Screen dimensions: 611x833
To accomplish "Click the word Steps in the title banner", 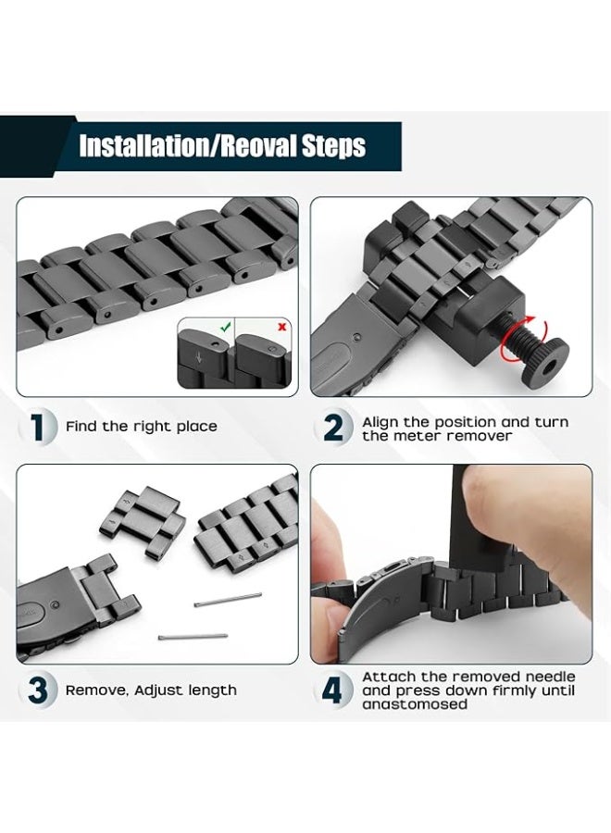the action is coord(333,145).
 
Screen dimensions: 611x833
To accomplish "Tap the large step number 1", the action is coord(36,427).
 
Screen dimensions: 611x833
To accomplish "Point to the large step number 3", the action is coord(38,690).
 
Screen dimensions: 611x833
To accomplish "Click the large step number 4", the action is coord(333,690).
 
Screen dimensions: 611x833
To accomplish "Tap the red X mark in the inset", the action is coord(281,327).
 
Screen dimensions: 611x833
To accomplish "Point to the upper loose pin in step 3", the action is coord(228,600).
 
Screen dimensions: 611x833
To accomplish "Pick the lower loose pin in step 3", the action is coord(193,636).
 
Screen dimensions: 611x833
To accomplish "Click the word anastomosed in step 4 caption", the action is coord(415,704).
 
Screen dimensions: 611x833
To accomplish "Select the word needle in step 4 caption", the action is coord(550,677).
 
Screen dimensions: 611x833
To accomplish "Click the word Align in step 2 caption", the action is coord(380,423).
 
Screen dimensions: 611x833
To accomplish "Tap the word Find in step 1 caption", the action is coord(81,426).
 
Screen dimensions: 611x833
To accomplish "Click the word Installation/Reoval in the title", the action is coord(188,145).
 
